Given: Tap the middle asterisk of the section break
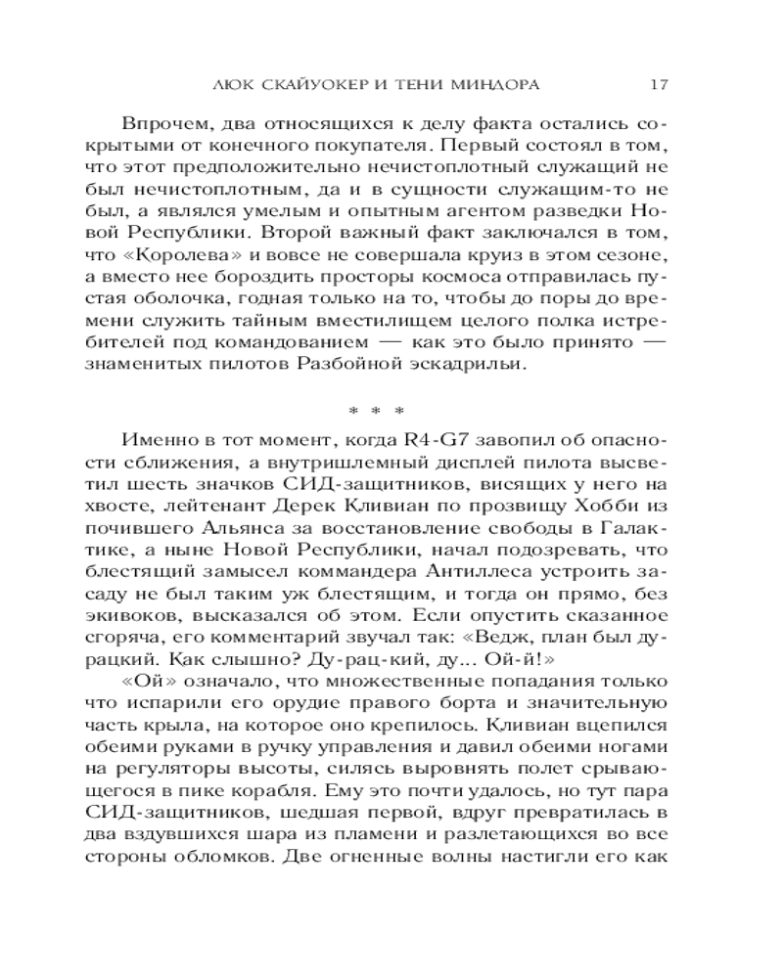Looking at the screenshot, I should [391, 411].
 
